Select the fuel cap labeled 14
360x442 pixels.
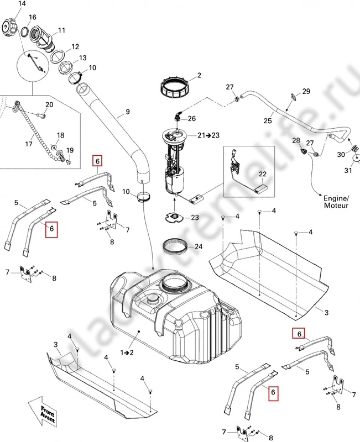[11, 26]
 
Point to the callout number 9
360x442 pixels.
[127, 112]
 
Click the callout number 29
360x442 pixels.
[306, 91]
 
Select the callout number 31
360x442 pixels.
[347, 170]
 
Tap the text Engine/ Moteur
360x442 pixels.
[336, 201]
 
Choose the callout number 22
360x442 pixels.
[263, 175]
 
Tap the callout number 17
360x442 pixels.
[29, 144]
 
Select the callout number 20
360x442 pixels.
[49, 104]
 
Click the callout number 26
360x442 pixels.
[191, 118]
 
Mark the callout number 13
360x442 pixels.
[82, 58]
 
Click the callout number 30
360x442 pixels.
[341, 154]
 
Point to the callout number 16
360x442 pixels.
[32, 18]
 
